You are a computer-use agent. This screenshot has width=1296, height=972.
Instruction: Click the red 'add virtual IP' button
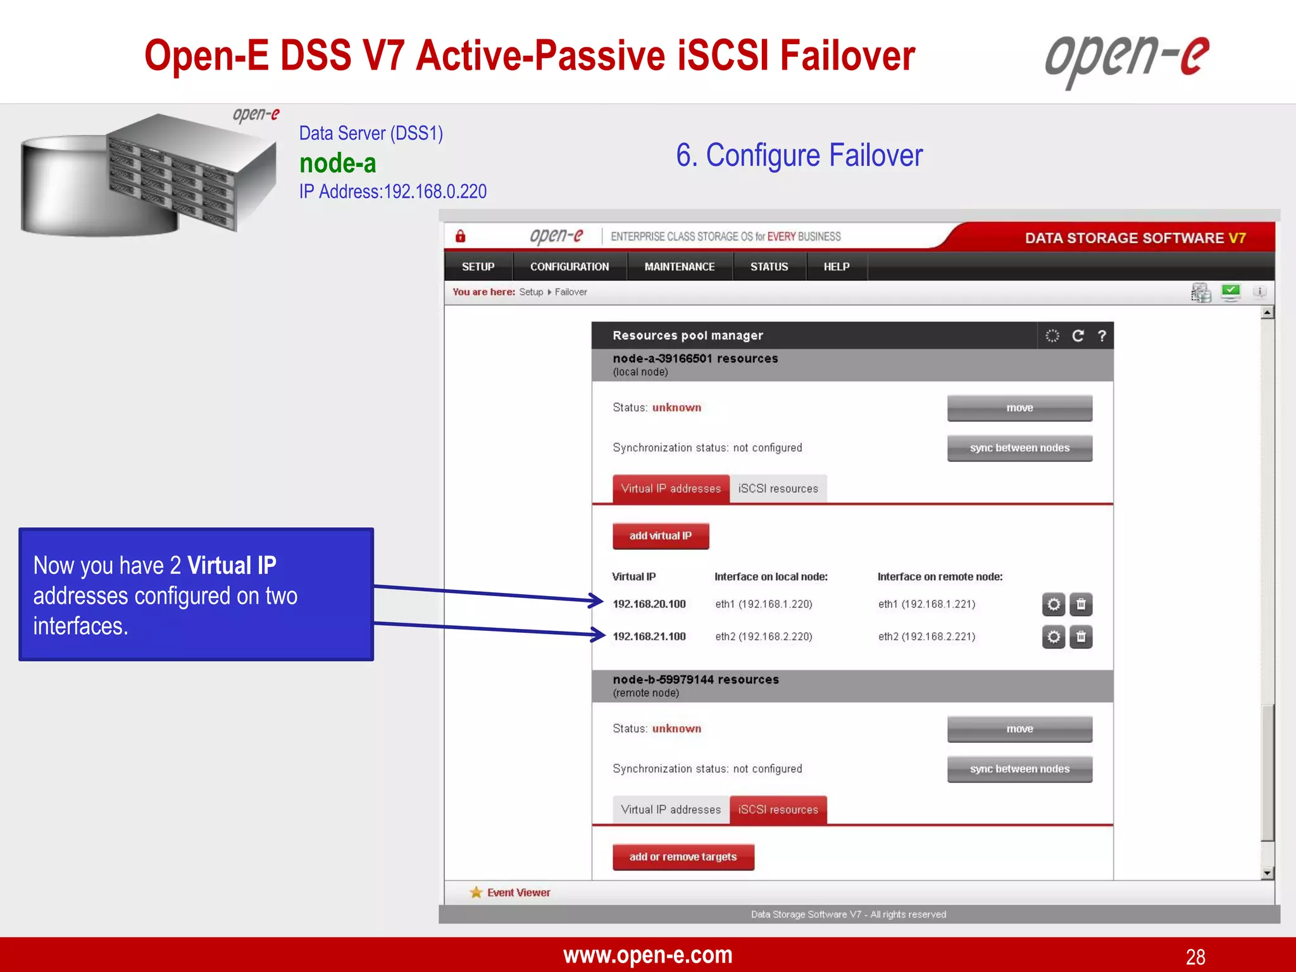point(660,535)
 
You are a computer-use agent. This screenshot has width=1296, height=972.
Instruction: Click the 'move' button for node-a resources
point(1019,408)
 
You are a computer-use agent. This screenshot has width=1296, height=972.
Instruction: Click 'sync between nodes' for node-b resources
point(1019,769)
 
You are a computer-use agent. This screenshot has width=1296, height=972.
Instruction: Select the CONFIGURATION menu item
point(569,266)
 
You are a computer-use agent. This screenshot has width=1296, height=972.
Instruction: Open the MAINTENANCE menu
point(679,266)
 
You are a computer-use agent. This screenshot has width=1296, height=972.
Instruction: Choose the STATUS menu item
point(769,266)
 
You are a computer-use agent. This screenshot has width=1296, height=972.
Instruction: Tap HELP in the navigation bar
point(836,266)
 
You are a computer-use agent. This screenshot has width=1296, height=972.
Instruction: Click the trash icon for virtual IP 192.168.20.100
point(1081,604)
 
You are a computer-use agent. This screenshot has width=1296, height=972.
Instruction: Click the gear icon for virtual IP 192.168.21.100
point(1053,637)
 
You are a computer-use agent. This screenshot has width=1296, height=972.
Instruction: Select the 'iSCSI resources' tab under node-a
point(778,489)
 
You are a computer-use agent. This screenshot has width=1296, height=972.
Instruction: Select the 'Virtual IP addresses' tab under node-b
point(671,809)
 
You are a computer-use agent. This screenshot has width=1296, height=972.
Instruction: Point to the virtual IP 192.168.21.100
point(649,637)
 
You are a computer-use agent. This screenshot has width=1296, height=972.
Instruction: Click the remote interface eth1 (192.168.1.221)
point(926,604)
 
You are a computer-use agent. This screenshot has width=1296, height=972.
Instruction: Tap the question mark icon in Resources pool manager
point(1102,335)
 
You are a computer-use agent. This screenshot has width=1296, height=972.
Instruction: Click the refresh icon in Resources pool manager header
point(1078,335)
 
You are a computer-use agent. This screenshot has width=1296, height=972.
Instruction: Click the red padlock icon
point(460,236)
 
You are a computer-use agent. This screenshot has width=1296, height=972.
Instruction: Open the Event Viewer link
point(518,892)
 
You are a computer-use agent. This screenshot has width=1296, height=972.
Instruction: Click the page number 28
point(1195,956)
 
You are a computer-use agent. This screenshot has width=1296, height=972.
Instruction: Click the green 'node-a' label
point(337,163)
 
